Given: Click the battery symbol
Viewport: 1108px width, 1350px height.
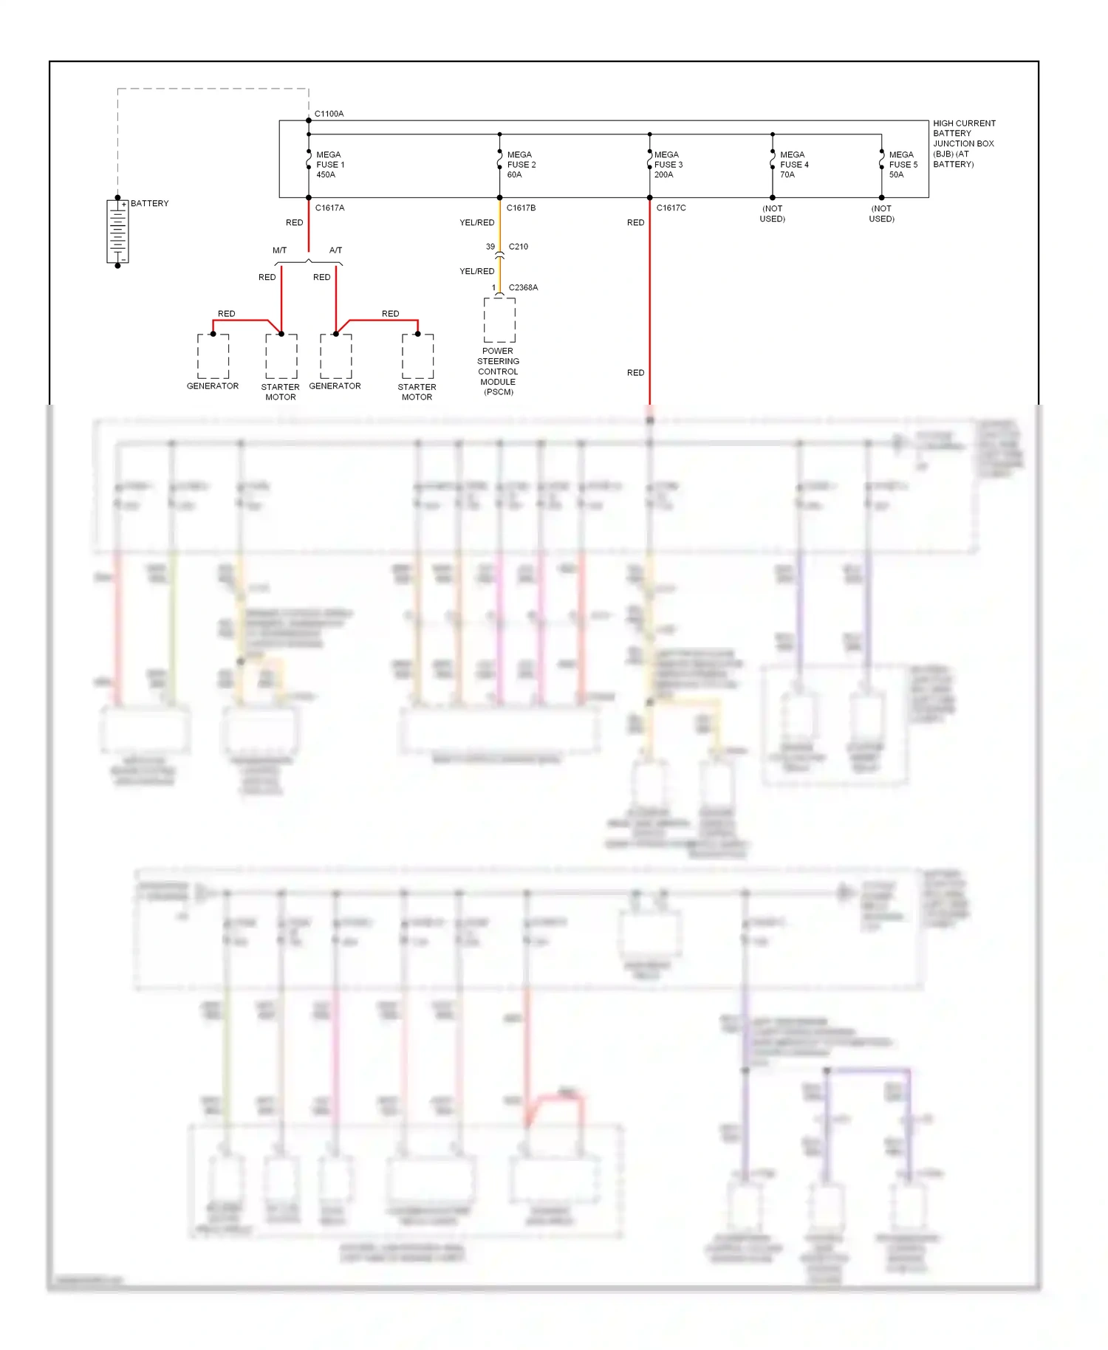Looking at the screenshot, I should tap(117, 232).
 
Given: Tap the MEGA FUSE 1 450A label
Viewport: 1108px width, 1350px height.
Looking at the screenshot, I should tap(329, 165).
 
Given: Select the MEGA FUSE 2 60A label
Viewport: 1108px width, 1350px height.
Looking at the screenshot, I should tap(521, 165).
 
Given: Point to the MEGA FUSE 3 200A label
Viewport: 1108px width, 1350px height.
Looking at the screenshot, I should tap(668, 165).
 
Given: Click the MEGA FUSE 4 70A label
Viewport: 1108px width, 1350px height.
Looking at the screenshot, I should tap(794, 165).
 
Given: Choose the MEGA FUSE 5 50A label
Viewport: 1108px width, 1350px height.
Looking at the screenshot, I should tap(903, 165).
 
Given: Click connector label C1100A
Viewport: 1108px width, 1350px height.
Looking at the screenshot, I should tap(329, 114).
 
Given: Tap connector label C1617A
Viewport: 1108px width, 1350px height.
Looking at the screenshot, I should tap(329, 208).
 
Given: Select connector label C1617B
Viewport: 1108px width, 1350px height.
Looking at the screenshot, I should tap(521, 208).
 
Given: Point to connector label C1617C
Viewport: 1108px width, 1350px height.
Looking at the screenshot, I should tap(671, 208).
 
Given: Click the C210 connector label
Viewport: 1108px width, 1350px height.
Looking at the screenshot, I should tap(518, 247).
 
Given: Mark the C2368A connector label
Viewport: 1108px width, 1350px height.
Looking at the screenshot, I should tap(523, 287).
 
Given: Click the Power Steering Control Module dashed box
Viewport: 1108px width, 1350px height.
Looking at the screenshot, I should tap(499, 320).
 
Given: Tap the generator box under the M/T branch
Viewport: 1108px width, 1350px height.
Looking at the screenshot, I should tap(213, 356).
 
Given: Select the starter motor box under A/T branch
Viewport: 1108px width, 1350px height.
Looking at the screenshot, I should tap(417, 356).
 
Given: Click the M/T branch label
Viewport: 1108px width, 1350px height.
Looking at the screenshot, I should tap(279, 250).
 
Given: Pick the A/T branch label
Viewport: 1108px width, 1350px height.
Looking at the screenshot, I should tap(335, 250).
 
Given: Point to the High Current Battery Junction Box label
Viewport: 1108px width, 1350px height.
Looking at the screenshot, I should tap(963, 143).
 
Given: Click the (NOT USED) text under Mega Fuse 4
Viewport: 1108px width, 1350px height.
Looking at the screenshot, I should tap(772, 213).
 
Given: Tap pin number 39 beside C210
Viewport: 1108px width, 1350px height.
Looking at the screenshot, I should tap(490, 247).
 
